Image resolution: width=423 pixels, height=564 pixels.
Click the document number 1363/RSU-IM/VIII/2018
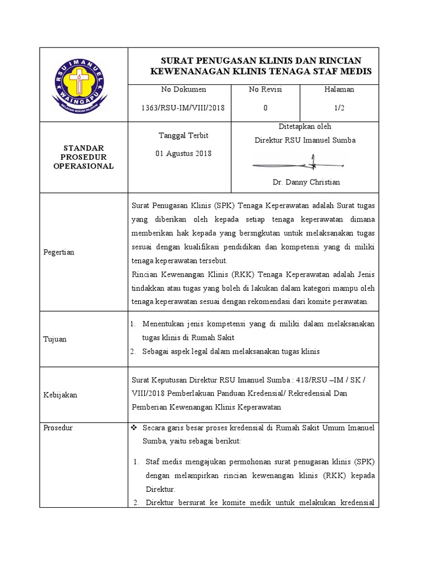tap(183, 109)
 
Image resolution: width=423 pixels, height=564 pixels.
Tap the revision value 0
tap(265, 109)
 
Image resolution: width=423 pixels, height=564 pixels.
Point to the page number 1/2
tap(339, 109)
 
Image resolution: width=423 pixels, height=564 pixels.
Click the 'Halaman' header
tap(339, 89)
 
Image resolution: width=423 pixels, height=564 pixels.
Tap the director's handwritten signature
tap(300, 164)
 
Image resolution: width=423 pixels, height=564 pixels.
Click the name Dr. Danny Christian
tap(306, 182)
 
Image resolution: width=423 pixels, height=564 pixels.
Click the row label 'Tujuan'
tap(55, 339)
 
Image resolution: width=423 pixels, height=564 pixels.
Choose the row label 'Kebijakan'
tap(60, 395)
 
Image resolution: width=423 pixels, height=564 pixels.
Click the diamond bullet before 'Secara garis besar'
tap(135, 428)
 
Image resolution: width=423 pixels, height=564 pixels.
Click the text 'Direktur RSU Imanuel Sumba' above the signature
tap(305, 140)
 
